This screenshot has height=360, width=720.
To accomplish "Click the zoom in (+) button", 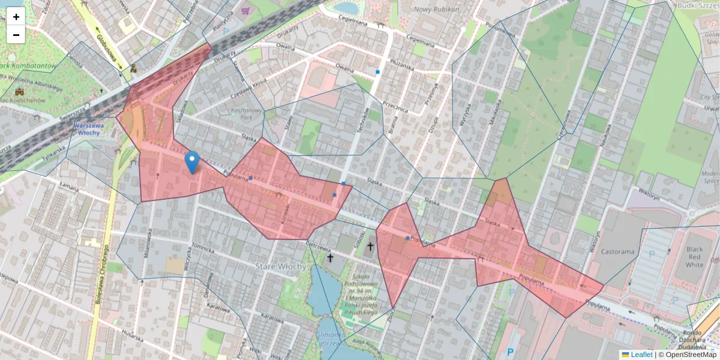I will click(16, 16).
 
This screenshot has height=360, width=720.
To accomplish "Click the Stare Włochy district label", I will click(281, 266).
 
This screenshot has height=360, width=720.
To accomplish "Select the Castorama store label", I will click(617, 251).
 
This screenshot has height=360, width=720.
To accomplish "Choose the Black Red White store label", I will click(694, 257).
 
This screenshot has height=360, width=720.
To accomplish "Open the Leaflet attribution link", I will click(641, 355).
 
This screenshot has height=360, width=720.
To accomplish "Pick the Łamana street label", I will click(69, 188).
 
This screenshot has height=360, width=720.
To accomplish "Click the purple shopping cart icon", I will click(245, 10).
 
